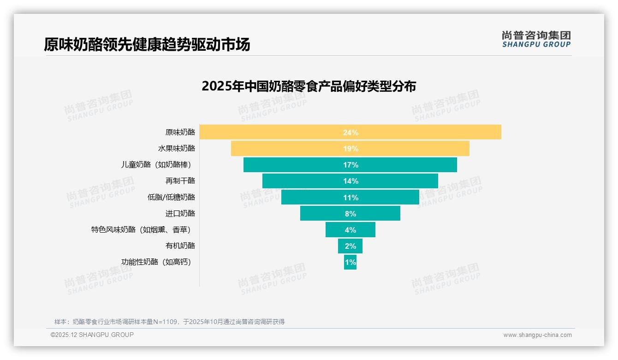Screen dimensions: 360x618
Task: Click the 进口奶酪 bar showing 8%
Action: click(323, 213)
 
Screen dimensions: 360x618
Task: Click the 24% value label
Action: click(351, 132)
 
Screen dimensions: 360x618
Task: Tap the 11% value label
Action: click(351, 198)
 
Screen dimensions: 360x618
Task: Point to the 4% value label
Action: click(351, 230)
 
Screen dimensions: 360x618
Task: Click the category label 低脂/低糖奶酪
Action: click(171, 197)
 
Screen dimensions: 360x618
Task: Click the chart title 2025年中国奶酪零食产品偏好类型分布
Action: click(309, 86)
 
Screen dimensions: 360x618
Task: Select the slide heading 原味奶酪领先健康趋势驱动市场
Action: click(147, 45)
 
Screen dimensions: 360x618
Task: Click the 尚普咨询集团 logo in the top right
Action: click(536, 39)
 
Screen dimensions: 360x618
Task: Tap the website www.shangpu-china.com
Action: click(537, 335)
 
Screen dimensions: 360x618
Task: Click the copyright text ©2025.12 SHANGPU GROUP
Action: click(92, 335)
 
